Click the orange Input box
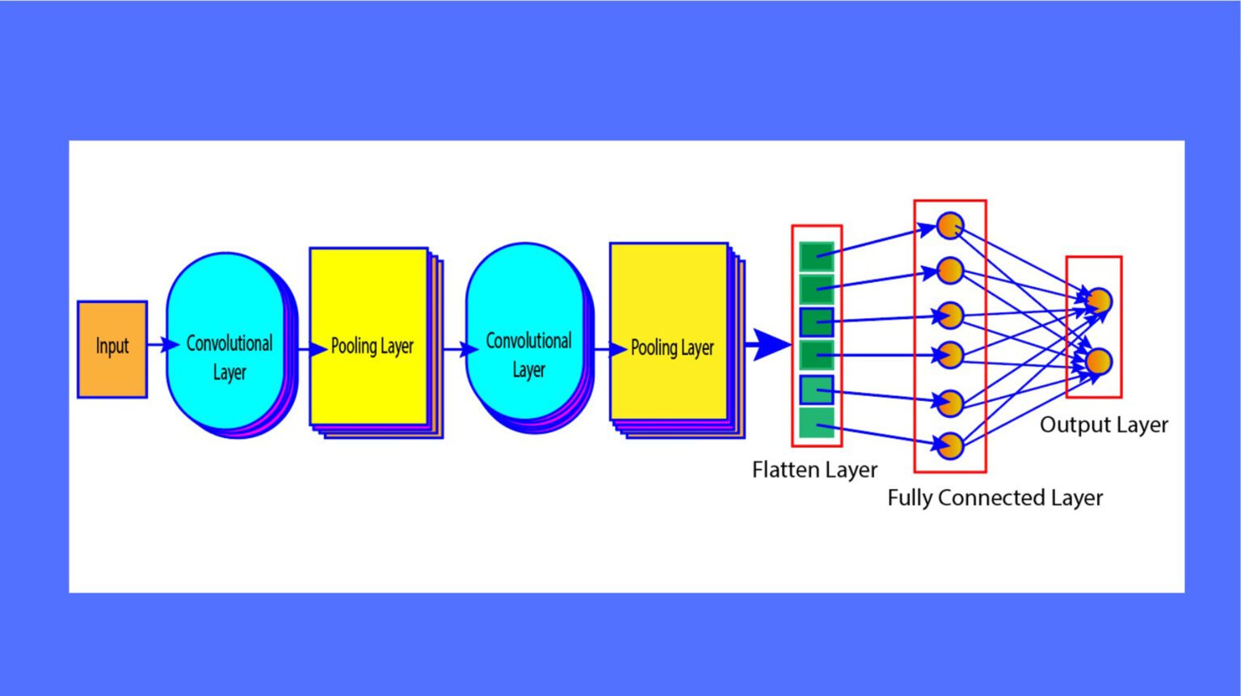pyautogui.click(x=112, y=349)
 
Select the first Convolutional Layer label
pyautogui.click(x=229, y=357)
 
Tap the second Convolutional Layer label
pyautogui.click(x=528, y=355)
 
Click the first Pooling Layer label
pyautogui.click(x=372, y=347)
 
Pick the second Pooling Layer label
pyautogui.click(x=671, y=348)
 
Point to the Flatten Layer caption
pyautogui.click(x=814, y=470)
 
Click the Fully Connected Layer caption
pyautogui.click(x=995, y=498)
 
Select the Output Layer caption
pyautogui.click(x=1104, y=425)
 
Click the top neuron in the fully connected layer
pyautogui.click(x=950, y=226)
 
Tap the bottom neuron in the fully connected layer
pyautogui.click(x=950, y=445)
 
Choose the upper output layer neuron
pyautogui.click(x=1099, y=301)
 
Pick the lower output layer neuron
pyautogui.click(x=1099, y=361)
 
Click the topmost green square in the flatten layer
pyautogui.click(x=816, y=256)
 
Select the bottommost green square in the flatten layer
pyautogui.click(x=816, y=423)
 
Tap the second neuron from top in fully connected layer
pyautogui.click(x=950, y=270)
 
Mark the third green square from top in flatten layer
pyautogui.click(x=816, y=322)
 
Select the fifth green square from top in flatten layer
pyautogui.click(x=816, y=390)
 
